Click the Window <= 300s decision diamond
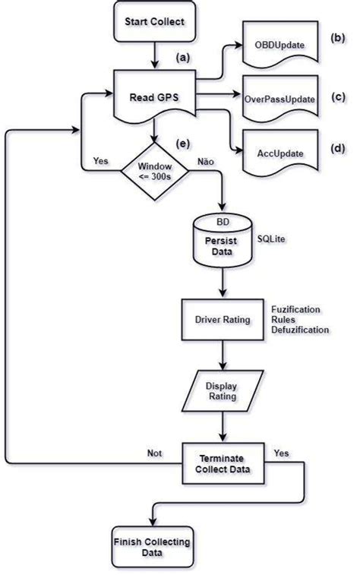coord(154,172)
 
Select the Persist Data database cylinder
coord(221,242)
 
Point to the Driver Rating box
coord(221,320)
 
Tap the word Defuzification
coord(302,330)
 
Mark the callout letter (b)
coord(336,36)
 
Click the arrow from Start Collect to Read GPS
coord(154,55)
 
